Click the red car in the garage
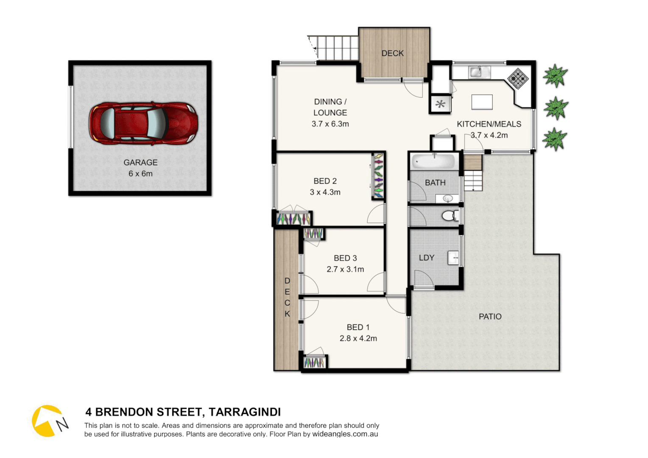143,123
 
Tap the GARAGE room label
140,162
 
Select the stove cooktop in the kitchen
518,78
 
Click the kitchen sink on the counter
479,72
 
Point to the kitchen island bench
482,102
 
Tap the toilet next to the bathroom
449,216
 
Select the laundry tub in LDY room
453,257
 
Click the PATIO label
490,316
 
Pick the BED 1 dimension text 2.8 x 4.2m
358,338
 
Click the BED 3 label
345,258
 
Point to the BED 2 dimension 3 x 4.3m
325,192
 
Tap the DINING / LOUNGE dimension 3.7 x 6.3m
330,124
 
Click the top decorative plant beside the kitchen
555,76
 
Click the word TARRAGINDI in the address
245,412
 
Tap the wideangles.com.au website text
345,434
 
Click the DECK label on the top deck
392,53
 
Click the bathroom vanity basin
448,198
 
